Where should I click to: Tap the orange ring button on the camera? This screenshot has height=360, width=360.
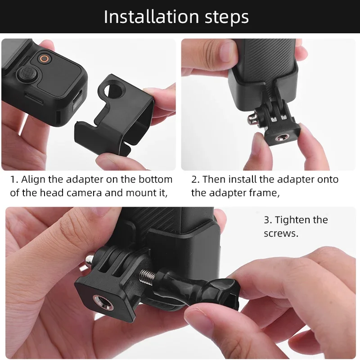(x=44, y=58)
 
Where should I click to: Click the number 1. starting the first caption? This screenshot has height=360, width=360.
(x=14, y=179)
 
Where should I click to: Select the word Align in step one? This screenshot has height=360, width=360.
(x=33, y=179)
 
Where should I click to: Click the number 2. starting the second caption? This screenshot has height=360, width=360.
(x=195, y=179)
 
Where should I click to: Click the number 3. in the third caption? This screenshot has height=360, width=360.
(x=268, y=220)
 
